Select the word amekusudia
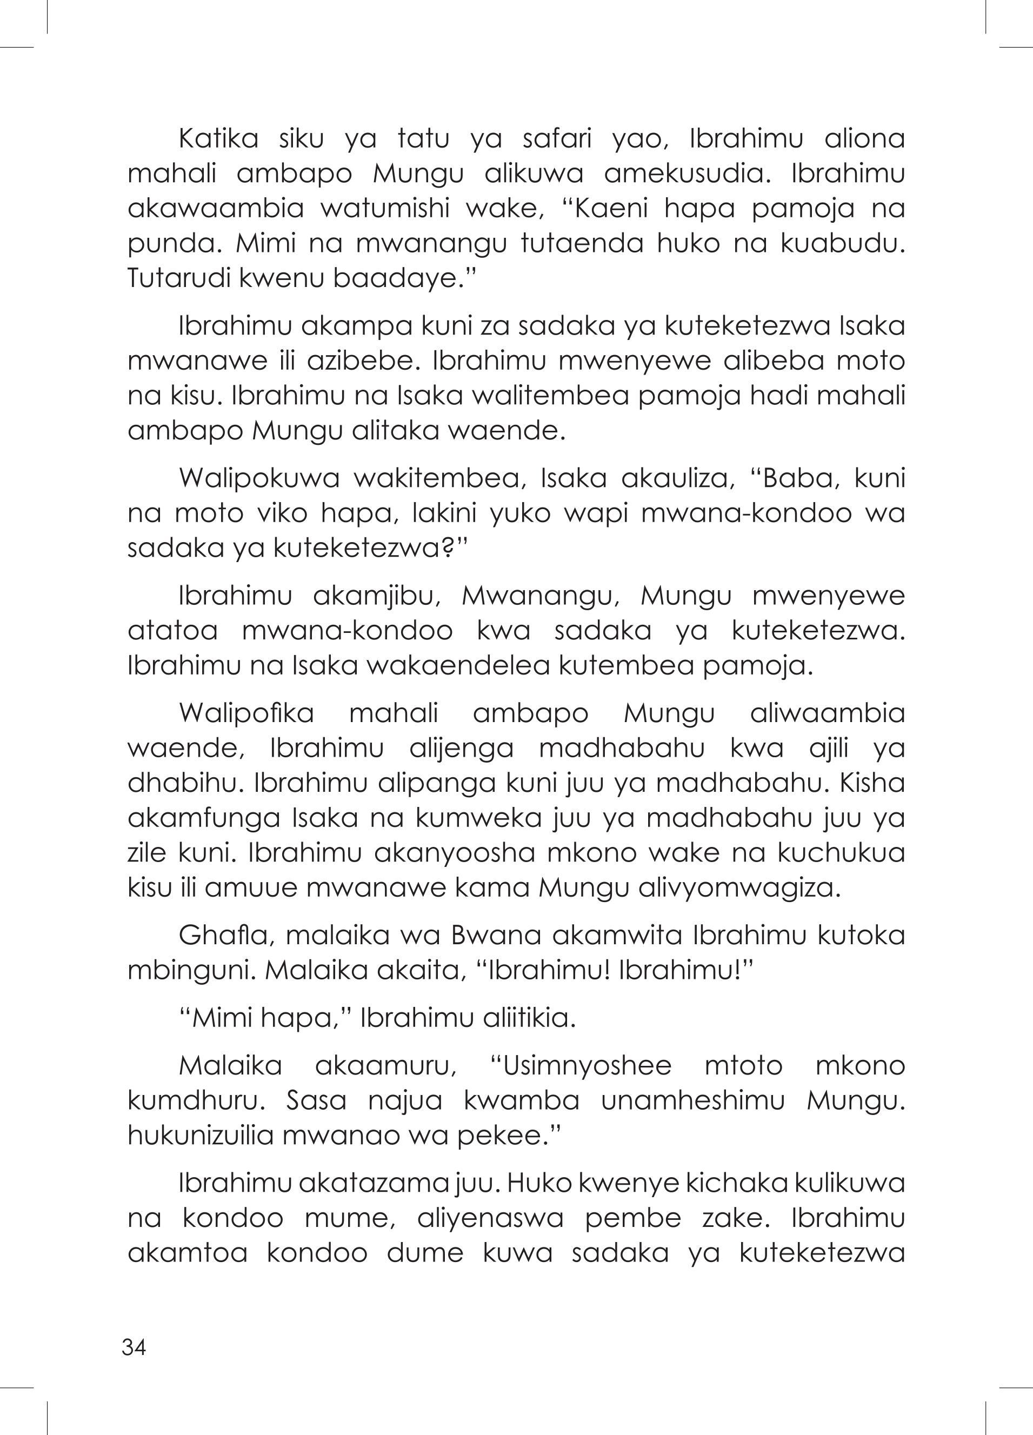[688, 174]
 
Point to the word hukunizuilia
[199, 1136]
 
